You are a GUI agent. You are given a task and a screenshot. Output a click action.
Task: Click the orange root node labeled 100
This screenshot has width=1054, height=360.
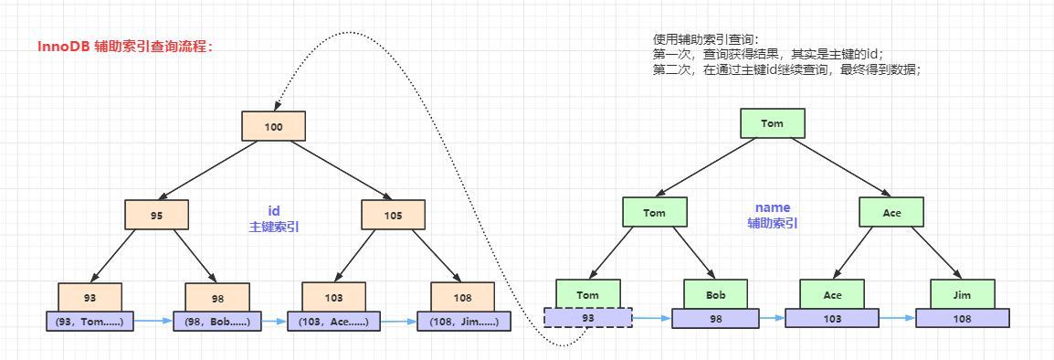(273, 126)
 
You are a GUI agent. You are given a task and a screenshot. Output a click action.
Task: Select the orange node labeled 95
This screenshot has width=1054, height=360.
(156, 215)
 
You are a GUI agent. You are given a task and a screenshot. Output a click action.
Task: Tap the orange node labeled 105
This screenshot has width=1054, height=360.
(393, 215)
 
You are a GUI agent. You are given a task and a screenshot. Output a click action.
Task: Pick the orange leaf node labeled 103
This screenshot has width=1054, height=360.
(333, 297)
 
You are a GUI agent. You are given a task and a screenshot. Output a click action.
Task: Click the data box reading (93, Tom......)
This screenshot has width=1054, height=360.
(90, 321)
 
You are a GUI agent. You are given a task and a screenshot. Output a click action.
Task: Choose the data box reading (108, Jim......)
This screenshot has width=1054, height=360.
(464, 321)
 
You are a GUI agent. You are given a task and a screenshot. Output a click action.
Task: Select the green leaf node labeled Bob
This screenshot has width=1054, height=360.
(715, 294)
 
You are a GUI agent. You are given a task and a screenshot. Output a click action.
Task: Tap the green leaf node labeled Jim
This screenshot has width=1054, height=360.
(963, 294)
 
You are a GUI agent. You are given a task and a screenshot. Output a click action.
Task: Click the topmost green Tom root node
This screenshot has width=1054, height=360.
(772, 123)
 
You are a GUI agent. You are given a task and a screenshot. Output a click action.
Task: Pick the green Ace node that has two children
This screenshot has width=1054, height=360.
(891, 213)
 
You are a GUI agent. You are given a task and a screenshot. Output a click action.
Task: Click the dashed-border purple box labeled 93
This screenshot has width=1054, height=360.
(587, 317)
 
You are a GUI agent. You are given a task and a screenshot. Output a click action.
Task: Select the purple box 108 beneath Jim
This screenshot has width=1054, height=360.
(963, 318)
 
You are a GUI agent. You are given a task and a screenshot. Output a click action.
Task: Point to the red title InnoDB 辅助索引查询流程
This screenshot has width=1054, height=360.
(125, 46)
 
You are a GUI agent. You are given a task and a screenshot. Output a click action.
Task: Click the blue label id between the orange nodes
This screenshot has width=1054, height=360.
(273, 210)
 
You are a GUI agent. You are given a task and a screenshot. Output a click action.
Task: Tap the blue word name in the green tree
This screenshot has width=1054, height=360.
(772, 207)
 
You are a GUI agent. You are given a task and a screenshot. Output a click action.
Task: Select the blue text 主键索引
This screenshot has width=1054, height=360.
(273, 227)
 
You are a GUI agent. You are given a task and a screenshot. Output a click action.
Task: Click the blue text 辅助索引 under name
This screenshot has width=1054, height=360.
(772, 223)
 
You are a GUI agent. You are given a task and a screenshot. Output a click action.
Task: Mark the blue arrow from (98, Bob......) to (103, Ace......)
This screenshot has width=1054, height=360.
(274, 321)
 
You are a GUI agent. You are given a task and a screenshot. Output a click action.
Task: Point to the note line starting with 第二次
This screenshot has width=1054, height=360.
(786, 69)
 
